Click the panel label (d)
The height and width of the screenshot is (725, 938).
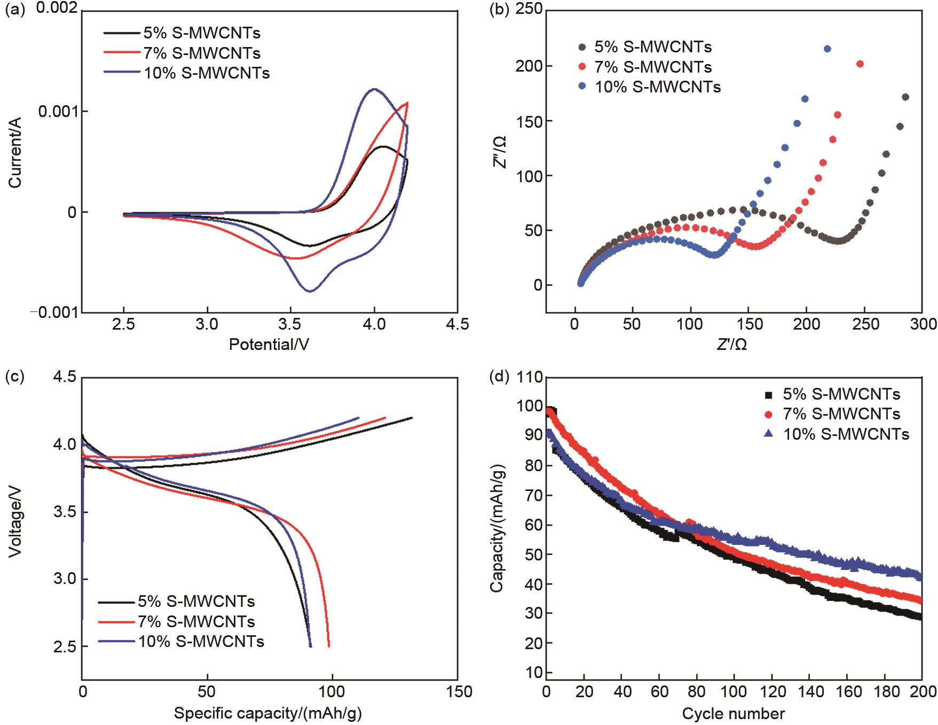[500, 377]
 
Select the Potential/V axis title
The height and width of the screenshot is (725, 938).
[269, 344]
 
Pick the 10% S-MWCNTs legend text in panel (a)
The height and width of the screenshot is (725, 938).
[207, 73]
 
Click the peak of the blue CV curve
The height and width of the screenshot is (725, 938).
[374, 89]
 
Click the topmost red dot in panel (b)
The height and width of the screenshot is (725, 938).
[860, 64]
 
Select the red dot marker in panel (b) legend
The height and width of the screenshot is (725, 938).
[582, 67]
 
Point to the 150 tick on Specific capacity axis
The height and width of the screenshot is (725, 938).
[457, 692]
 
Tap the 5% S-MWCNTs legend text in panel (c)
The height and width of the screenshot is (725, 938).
[196, 602]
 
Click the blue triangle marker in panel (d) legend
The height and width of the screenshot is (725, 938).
[769, 434]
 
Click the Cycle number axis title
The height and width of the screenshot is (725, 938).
[733, 713]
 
